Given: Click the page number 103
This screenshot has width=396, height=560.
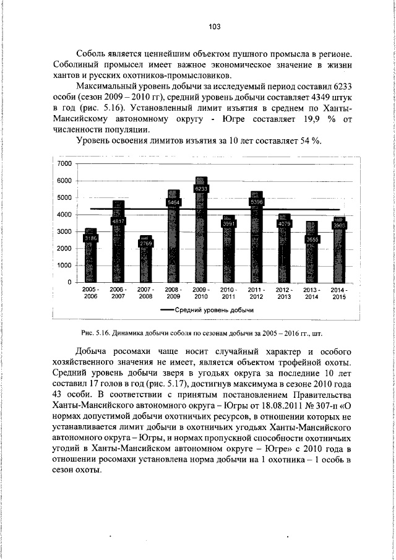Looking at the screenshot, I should [x=215, y=27].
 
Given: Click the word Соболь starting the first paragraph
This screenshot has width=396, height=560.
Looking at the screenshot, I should [x=91, y=54].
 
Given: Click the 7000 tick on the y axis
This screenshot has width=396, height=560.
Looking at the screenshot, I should [x=64, y=164].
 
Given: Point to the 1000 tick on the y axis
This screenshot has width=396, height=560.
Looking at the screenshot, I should [x=64, y=265].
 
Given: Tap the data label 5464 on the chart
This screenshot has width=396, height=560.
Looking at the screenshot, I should [x=174, y=202].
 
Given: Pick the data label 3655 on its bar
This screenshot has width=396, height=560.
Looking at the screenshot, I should [x=312, y=239].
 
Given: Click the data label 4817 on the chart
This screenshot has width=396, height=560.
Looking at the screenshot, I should [x=118, y=221].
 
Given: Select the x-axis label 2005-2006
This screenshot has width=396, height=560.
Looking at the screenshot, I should [x=90, y=293].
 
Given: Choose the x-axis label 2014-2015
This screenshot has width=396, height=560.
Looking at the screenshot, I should [x=339, y=293].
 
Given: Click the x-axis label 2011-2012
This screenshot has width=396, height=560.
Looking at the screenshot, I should [x=256, y=293].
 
